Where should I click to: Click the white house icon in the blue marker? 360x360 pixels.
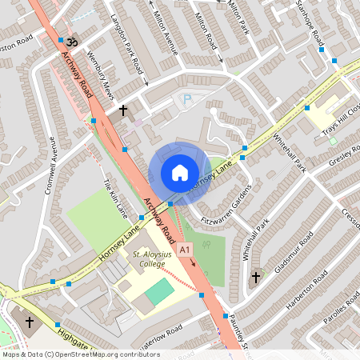tap(179, 173)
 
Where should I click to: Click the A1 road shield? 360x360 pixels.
tap(186, 250)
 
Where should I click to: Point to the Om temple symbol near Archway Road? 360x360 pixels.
tap(70, 40)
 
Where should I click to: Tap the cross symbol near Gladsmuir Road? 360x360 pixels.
tap(256, 278)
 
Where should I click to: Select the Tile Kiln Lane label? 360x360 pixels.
tap(116, 198)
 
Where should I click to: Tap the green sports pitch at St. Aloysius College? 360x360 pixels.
tap(158, 290)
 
